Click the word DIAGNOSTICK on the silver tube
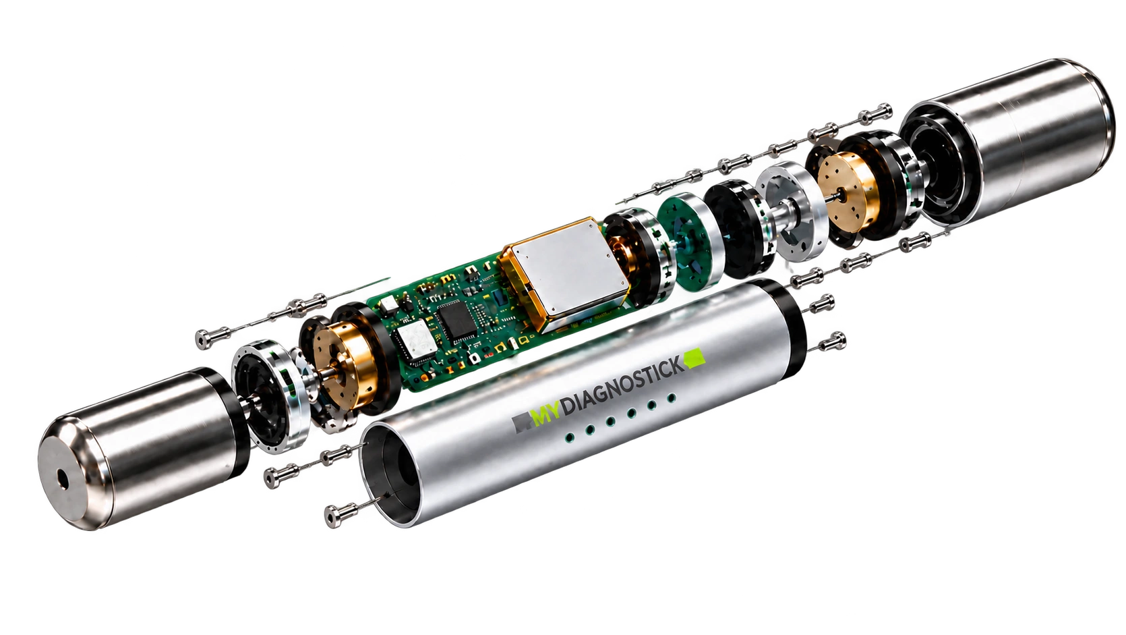pyautogui.click(x=623, y=385)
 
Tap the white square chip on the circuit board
pyautogui.click(x=416, y=341)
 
